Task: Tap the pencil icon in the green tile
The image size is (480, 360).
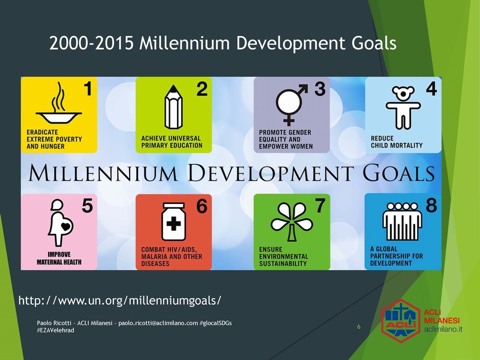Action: pos(173,107)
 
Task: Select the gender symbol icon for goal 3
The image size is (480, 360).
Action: pos(290,104)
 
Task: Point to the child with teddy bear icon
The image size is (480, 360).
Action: pos(403,107)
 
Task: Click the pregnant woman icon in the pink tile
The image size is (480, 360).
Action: pos(61,223)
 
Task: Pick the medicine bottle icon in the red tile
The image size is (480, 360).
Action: pos(173,221)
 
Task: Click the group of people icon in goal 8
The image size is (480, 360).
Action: pos(402,221)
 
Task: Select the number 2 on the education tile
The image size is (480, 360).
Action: pos(202,89)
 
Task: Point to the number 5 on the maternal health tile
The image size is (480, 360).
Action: pos(87,205)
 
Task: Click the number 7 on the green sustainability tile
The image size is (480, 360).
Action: pos(320,205)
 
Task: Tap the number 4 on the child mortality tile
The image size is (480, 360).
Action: pos(431,89)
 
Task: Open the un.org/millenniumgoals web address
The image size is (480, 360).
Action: pos(119,301)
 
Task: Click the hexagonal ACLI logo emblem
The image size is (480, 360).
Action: pos(401,321)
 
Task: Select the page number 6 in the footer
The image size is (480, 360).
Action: pos(359,326)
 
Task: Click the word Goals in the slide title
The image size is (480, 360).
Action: pos(374,43)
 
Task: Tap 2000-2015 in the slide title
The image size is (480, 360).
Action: pos(92,43)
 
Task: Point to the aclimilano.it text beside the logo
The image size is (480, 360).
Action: pos(443,329)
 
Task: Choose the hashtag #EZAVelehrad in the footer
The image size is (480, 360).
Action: pos(55,331)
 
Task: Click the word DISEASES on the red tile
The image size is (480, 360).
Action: pos(155,263)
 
